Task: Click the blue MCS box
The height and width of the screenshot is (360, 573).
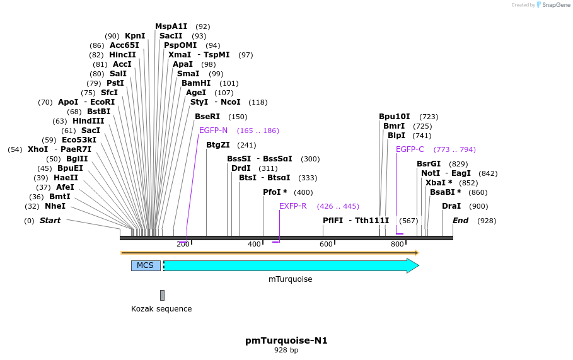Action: (146, 265)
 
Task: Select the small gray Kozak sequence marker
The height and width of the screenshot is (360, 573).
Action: (162, 295)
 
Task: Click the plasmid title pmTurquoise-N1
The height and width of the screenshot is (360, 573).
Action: (286, 340)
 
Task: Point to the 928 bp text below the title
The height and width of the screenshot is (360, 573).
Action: (286, 350)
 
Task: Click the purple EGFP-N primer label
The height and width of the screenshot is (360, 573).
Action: (213, 131)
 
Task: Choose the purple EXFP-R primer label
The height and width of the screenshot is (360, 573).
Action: (292, 206)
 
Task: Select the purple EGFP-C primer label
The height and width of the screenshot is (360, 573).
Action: (410, 149)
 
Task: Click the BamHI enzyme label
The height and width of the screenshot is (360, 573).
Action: (196, 83)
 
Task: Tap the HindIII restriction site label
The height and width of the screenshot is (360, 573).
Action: (88, 121)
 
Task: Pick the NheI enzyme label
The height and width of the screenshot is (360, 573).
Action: (55, 206)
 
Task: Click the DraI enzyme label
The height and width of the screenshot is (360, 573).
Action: (451, 206)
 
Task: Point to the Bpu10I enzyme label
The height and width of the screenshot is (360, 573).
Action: (394, 117)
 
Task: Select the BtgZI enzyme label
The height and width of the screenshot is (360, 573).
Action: (219, 145)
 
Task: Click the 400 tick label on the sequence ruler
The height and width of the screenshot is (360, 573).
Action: (254, 245)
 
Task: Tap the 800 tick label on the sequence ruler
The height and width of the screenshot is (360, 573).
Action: (397, 245)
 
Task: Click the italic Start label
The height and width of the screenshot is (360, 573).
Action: (50, 221)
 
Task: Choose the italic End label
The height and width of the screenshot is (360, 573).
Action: (460, 221)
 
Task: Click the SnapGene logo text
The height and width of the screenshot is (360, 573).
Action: (555, 5)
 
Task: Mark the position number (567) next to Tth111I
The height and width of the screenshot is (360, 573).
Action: (408, 221)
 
